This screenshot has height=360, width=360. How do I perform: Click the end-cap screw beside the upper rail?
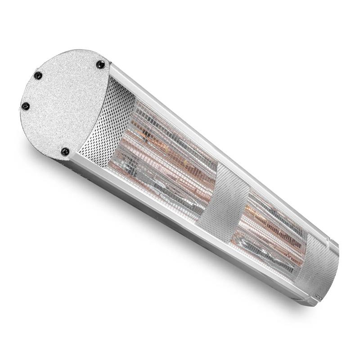(100, 65)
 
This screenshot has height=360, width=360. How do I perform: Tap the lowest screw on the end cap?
(65, 151)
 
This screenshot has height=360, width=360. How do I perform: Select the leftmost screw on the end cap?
(26, 106)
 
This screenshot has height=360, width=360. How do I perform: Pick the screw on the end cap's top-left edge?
(38, 76)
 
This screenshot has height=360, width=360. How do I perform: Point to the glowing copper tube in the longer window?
(166, 148)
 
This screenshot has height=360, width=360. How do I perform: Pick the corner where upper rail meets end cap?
(110, 67)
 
